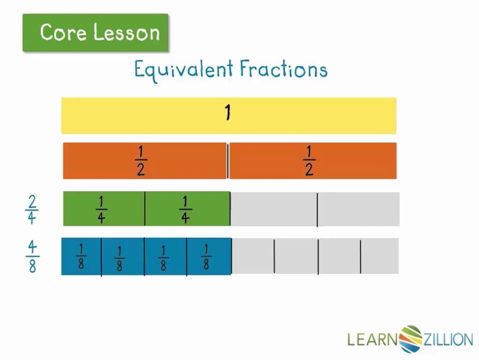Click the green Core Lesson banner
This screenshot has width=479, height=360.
(x=95, y=33)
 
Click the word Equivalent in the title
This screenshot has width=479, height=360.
(x=184, y=70)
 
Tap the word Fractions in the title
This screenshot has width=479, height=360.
(x=283, y=68)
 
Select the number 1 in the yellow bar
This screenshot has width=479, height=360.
(x=228, y=113)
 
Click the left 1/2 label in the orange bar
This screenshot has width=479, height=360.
(x=141, y=161)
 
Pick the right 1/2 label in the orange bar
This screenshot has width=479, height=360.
(x=309, y=161)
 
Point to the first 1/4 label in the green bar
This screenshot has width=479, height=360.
(x=101, y=210)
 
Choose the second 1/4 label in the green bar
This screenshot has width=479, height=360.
(x=185, y=210)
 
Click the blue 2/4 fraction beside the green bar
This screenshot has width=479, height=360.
(x=32, y=210)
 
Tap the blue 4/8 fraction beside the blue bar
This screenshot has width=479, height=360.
(x=32, y=256)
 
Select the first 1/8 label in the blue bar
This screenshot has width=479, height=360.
(x=81, y=256)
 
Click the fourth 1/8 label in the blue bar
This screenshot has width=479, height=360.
(x=206, y=257)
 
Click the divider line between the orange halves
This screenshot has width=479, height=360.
(x=228, y=161)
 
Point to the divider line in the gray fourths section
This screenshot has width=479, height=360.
(x=317, y=210)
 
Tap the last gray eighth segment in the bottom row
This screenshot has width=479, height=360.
(x=380, y=256)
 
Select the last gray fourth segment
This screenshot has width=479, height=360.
(x=359, y=209)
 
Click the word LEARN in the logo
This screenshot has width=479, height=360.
(x=373, y=339)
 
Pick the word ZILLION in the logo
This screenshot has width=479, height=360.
(x=448, y=340)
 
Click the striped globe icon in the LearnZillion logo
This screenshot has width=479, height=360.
(x=411, y=339)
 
